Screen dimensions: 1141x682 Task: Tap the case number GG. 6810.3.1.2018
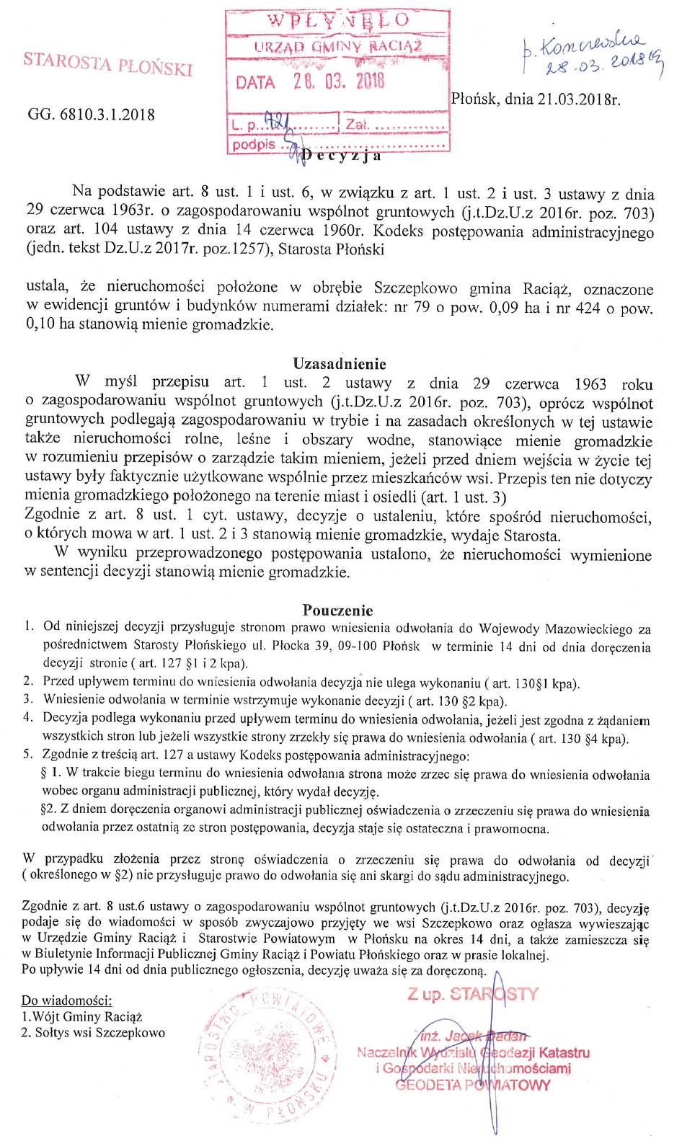91,115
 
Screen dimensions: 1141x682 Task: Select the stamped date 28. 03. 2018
338,81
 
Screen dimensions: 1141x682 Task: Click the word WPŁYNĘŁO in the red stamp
338,21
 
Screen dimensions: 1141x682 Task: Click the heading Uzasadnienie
339,364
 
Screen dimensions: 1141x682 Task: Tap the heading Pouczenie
338,610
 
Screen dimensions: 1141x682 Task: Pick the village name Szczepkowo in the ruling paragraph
415,289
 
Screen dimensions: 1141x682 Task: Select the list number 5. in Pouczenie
28,755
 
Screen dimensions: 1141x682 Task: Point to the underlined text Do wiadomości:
66,1000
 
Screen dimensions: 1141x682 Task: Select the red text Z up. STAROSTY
472,995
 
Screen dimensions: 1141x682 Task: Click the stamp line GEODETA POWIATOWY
472,1085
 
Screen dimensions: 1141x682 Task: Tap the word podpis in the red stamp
253,144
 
